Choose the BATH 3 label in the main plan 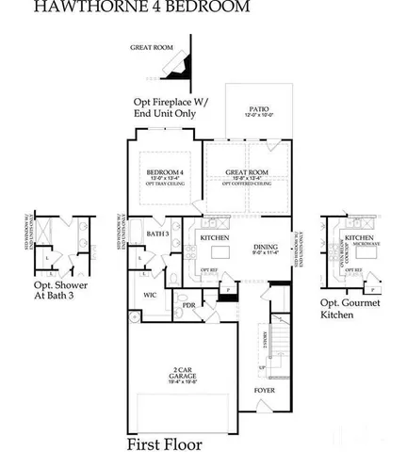[x=157, y=233]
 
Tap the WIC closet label [x=150, y=295]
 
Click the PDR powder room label [x=188, y=306]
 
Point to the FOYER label [x=265, y=389]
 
